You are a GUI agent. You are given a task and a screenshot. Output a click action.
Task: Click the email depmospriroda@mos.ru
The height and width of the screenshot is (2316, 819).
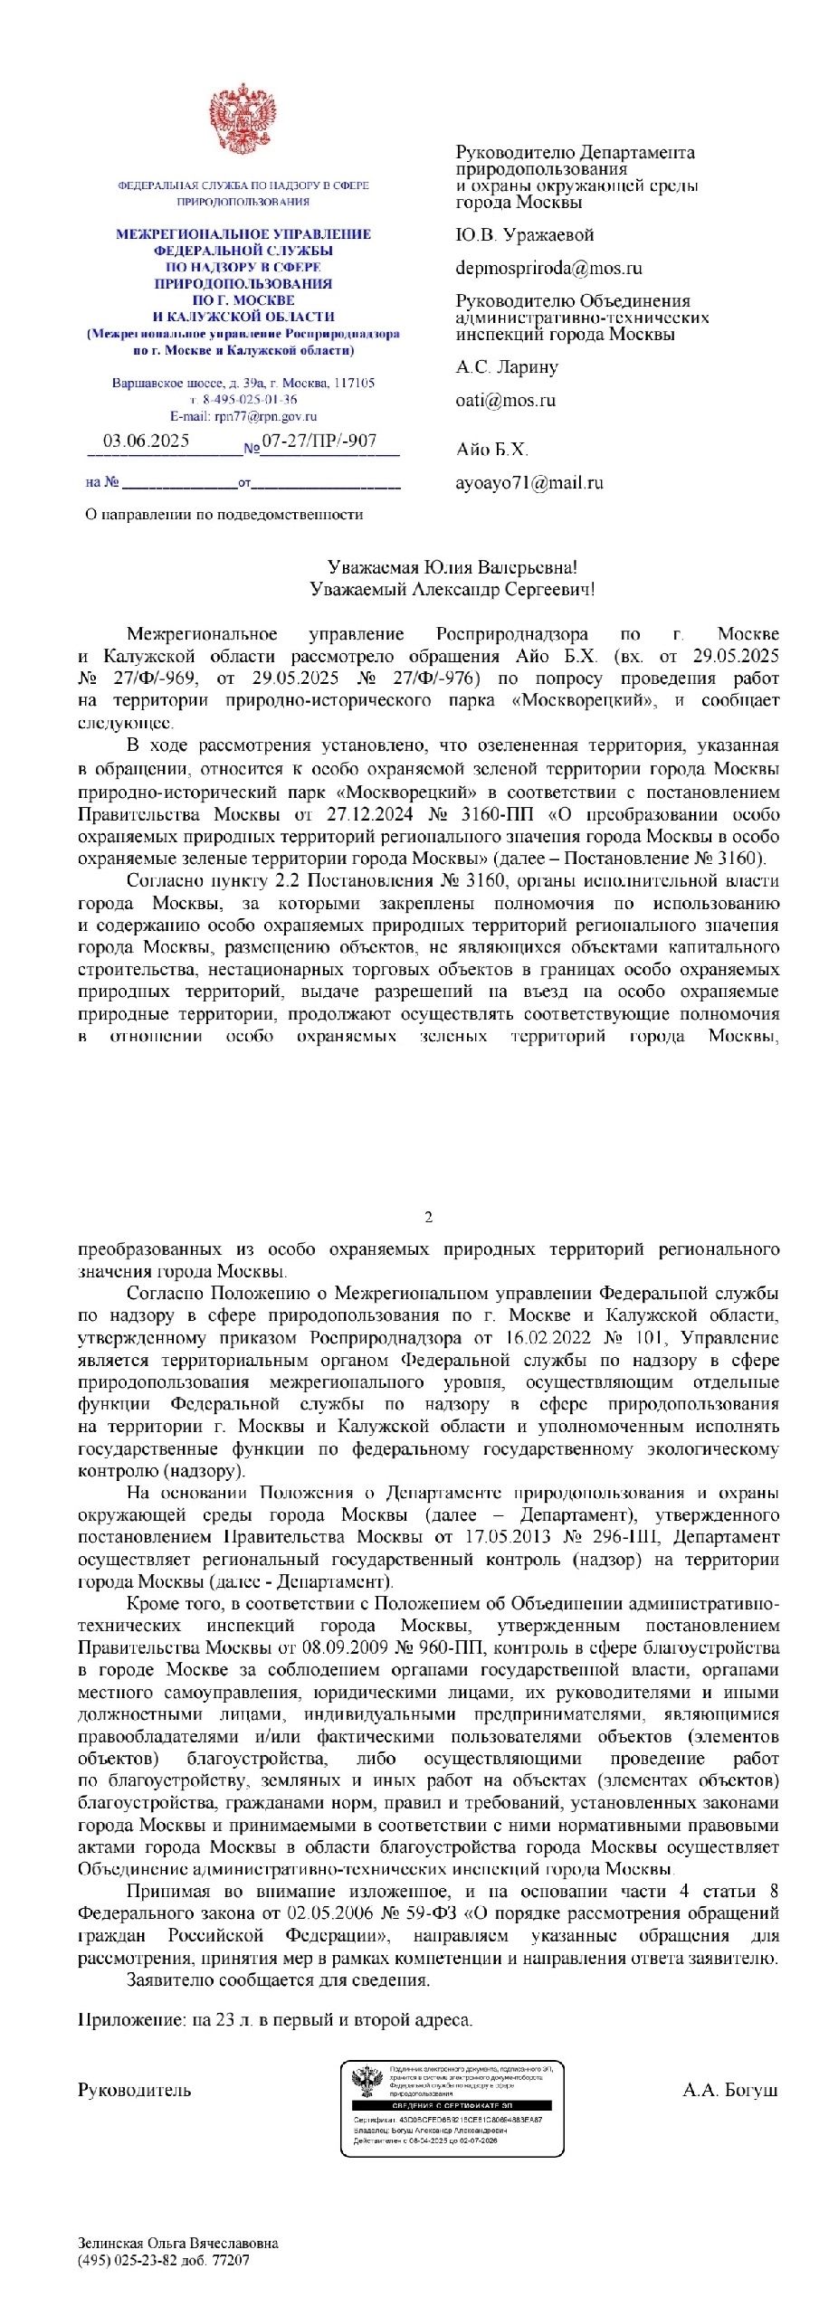pos(548,268)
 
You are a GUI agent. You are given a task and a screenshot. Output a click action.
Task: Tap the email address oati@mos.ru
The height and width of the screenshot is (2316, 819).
pos(505,400)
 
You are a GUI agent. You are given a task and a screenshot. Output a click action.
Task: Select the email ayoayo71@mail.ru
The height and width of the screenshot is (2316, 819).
pos(529,482)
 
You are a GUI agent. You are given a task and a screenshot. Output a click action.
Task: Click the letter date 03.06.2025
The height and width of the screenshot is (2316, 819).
pos(146,441)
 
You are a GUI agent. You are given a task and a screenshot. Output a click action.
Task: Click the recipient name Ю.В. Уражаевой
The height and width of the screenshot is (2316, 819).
pos(524,235)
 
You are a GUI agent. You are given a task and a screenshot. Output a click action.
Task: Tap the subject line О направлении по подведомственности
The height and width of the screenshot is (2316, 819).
pos(224,515)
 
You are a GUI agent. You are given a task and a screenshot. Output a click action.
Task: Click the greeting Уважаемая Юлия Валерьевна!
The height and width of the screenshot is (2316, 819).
pos(452,567)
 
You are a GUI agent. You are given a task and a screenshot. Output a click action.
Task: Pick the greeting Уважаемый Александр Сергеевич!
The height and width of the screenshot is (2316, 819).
pos(452,590)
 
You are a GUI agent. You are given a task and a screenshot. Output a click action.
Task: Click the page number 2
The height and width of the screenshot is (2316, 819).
pos(428,1217)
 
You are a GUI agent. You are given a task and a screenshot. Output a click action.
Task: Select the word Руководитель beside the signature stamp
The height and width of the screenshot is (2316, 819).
pos(135,2091)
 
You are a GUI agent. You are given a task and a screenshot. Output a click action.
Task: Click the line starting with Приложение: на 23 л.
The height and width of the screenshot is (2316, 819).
pos(275,2020)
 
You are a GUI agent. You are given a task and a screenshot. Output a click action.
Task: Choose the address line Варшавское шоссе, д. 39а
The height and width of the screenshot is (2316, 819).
pos(243,384)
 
